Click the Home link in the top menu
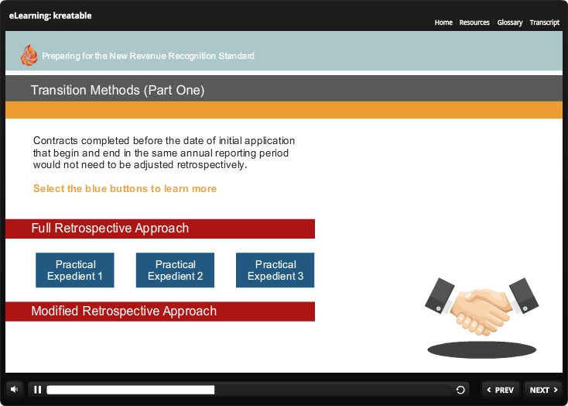[x=443, y=22]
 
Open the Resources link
[x=474, y=22]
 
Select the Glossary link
[x=510, y=22]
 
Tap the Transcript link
[x=545, y=22]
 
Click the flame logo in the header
[x=29, y=55]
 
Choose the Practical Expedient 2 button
[x=175, y=270]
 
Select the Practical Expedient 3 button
[x=275, y=270]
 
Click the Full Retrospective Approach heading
[x=110, y=229]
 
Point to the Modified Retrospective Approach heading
[x=124, y=311]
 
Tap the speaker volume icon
[x=14, y=390]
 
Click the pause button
[x=37, y=390]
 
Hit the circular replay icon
[x=460, y=390]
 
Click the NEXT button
[x=543, y=390]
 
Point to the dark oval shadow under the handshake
[x=481, y=349]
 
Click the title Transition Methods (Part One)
[x=118, y=90]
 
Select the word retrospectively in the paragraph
[x=212, y=165]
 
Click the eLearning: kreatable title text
[x=50, y=15]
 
